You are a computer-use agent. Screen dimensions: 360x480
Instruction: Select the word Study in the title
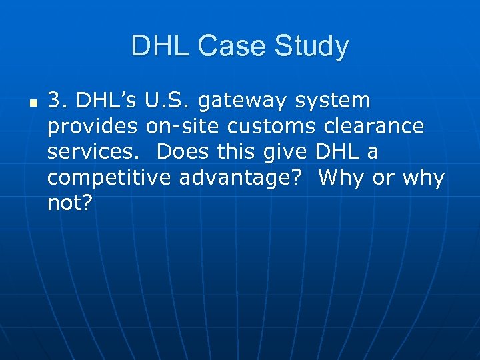point(314,47)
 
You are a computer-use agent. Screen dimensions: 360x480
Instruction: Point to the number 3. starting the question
point(58,101)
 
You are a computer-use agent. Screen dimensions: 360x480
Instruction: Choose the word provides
point(92,127)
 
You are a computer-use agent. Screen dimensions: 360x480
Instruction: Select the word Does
point(181,152)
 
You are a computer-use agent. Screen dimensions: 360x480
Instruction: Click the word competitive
point(110,178)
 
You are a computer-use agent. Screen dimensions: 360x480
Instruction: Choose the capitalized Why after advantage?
point(343,178)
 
